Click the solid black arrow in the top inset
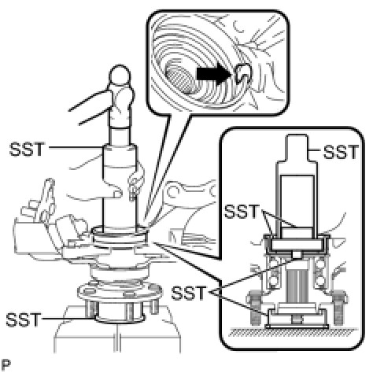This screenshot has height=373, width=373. (x=214, y=74)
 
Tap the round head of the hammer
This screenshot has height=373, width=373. (x=120, y=75)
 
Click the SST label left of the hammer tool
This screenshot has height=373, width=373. (x=27, y=150)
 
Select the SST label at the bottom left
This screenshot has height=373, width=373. (x=23, y=319)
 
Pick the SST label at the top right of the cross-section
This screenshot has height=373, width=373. (x=341, y=152)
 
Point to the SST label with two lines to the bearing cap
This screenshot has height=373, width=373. (x=242, y=212)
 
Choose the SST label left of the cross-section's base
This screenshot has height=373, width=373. (x=188, y=293)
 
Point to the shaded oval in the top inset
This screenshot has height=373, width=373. (x=180, y=76)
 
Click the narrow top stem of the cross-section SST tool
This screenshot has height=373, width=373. (x=297, y=147)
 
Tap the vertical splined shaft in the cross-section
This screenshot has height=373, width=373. (x=297, y=286)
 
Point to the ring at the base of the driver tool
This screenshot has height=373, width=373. (x=120, y=235)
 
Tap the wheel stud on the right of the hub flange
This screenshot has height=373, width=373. (x=153, y=306)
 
